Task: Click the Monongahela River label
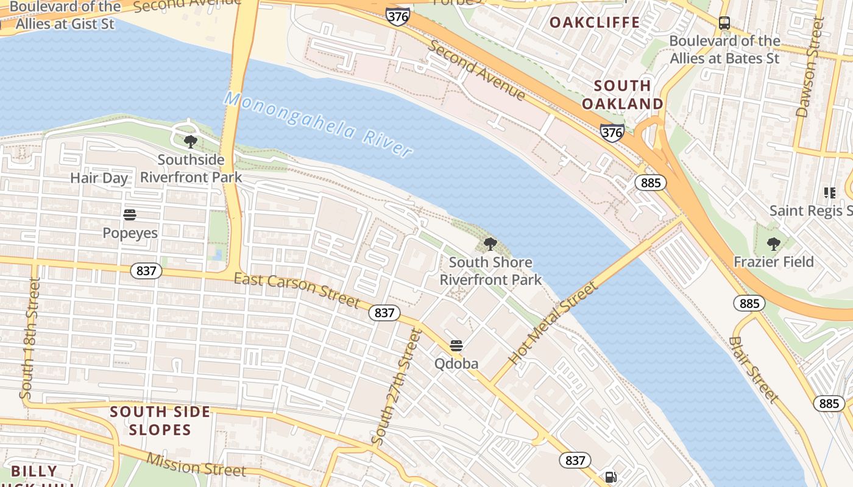(x=318, y=124)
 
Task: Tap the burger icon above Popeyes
(x=129, y=215)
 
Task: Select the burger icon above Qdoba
(x=456, y=346)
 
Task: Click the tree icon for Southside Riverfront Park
(x=190, y=142)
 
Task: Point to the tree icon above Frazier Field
(x=773, y=244)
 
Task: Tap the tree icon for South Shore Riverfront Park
(x=490, y=245)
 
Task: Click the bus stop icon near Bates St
(x=724, y=23)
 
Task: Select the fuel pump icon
(x=610, y=477)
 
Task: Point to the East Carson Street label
(x=297, y=290)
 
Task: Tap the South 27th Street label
(x=397, y=387)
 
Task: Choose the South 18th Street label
(x=30, y=338)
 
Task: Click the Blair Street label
(x=754, y=369)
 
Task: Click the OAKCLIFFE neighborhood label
(x=595, y=23)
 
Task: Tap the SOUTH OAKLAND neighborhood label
(x=622, y=94)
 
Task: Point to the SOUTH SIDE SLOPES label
(x=160, y=421)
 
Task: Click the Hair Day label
(x=99, y=178)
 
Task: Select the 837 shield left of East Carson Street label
(x=146, y=270)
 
